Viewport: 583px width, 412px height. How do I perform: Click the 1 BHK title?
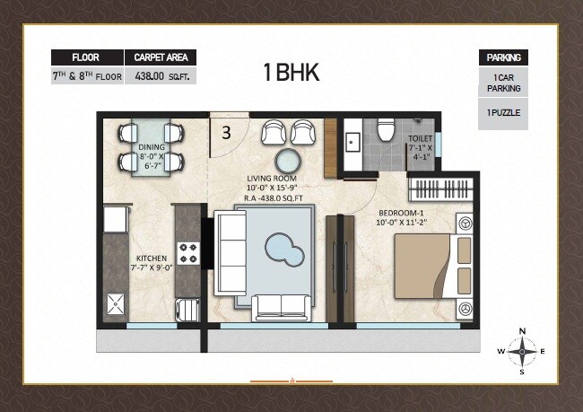pyautogui.click(x=291, y=72)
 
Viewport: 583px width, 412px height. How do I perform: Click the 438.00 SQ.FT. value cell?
pyautogui.click(x=159, y=76)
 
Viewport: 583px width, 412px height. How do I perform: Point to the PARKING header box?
pyautogui.click(x=504, y=57)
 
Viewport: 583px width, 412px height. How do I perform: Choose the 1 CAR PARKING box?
pyautogui.click(x=504, y=83)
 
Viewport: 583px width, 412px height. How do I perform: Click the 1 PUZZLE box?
pyautogui.click(x=504, y=114)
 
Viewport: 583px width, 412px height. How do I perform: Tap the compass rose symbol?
pyautogui.click(x=523, y=350)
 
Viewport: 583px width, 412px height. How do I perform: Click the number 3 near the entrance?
pyautogui.click(x=226, y=133)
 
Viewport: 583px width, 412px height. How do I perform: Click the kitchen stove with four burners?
pyautogui.click(x=187, y=253)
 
